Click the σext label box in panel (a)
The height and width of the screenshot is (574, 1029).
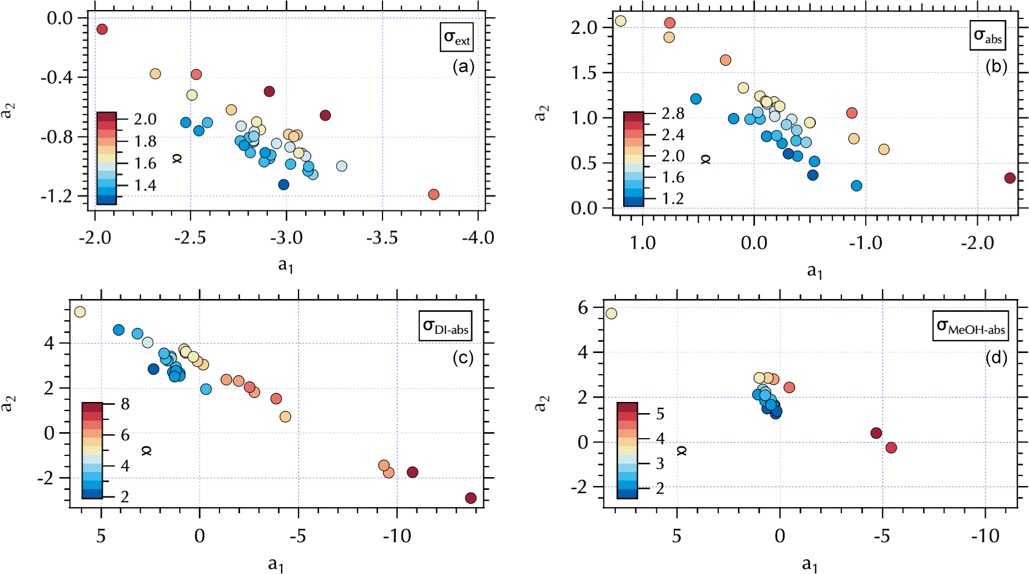coord(457,37)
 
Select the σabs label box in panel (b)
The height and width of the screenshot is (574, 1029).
coord(987,36)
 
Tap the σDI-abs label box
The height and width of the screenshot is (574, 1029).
coord(445,326)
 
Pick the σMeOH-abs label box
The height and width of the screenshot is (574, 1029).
coord(971,326)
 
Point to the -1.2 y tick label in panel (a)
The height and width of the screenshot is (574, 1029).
coord(56,196)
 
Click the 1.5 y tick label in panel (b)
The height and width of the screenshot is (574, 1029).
coord(584,73)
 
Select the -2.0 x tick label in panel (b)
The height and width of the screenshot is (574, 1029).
coord(978,243)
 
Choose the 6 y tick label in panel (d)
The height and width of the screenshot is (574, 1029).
coord(582,307)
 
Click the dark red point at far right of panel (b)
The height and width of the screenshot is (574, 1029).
coord(1010,178)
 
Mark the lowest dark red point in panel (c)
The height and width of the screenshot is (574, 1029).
coord(471,498)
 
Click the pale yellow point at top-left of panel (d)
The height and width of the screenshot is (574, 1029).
coord(611,313)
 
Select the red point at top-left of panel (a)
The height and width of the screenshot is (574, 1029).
coord(102,29)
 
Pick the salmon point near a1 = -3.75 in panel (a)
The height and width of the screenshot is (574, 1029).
coord(434,194)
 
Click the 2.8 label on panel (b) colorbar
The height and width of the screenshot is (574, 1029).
coord(673,114)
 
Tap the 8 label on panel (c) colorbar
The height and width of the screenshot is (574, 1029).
coord(125,404)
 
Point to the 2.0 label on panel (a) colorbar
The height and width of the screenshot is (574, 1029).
coord(145,119)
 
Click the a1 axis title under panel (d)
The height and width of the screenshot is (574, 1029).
coord(810,565)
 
